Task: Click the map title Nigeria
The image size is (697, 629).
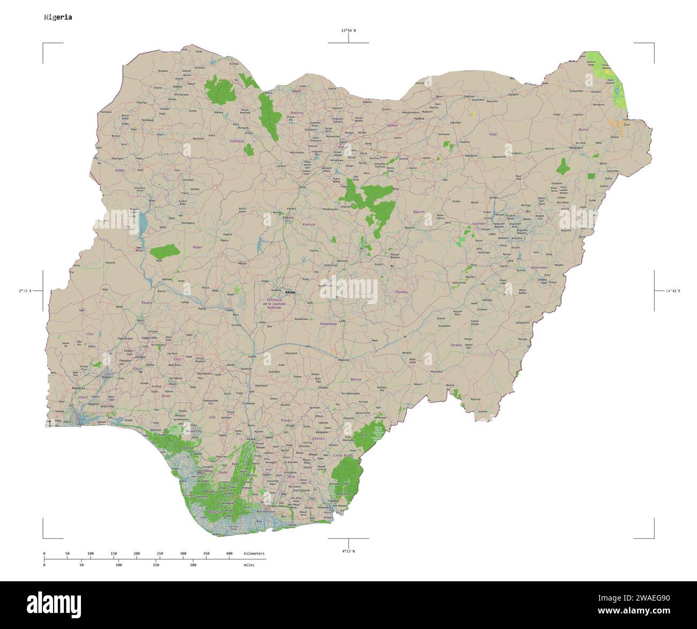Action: (x=58, y=17)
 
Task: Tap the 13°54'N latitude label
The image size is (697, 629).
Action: (x=348, y=31)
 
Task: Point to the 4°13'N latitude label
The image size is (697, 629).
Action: (x=348, y=551)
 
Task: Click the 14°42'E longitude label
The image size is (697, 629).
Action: (x=672, y=291)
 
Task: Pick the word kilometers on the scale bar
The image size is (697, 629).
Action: (x=254, y=553)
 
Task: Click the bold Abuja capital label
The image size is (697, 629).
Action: (x=290, y=292)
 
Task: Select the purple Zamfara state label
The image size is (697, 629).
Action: (x=236, y=141)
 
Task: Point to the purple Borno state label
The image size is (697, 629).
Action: (x=583, y=130)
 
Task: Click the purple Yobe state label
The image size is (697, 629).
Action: (x=493, y=135)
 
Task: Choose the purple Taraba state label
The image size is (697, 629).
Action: (x=456, y=345)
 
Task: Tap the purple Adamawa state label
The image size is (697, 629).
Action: (x=538, y=267)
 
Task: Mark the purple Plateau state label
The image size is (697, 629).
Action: (x=402, y=292)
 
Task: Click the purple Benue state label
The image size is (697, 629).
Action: (x=356, y=379)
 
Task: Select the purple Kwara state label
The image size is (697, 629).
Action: (x=146, y=303)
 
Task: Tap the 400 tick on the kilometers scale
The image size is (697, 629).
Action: (x=229, y=553)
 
